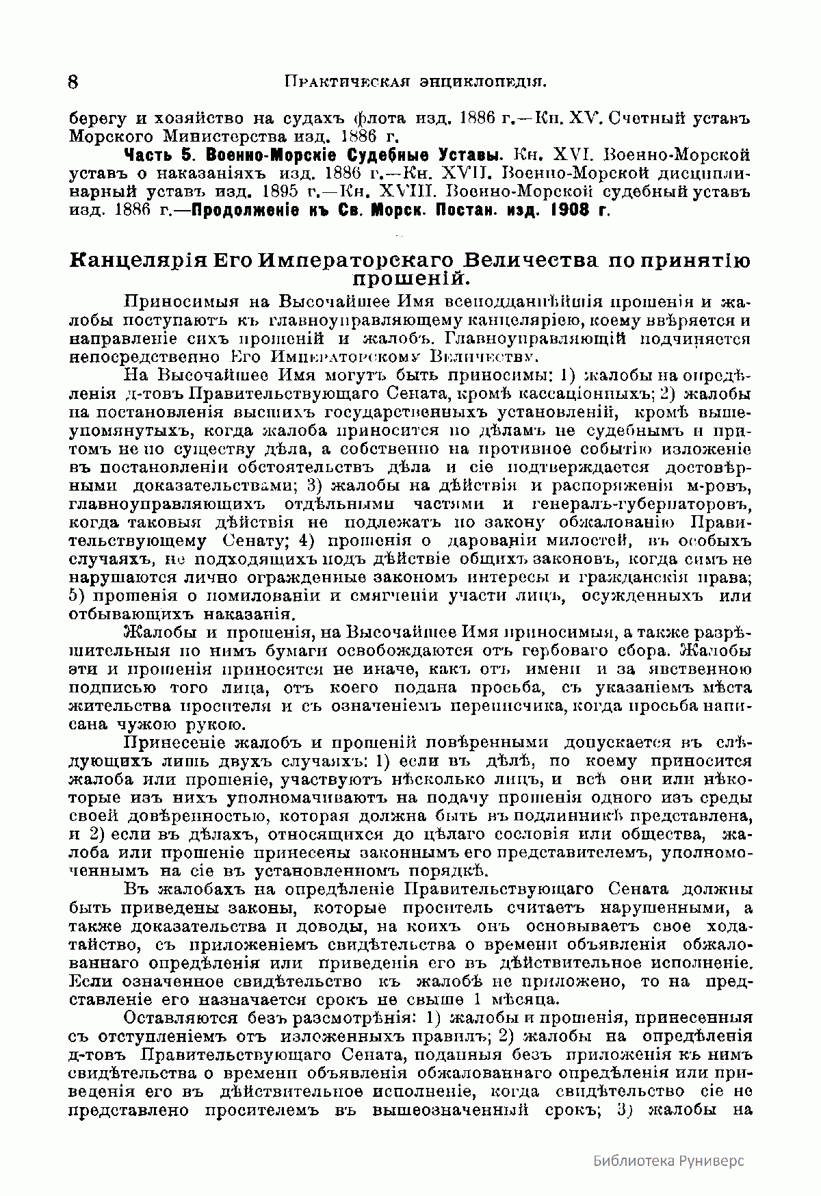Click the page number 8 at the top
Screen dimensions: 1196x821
(x=73, y=82)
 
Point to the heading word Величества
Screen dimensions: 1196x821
(x=537, y=261)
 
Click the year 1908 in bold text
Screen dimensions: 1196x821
(x=571, y=209)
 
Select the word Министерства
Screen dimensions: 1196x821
(x=233, y=136)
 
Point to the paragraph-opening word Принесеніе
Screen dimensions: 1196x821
(x=173, y=742)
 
